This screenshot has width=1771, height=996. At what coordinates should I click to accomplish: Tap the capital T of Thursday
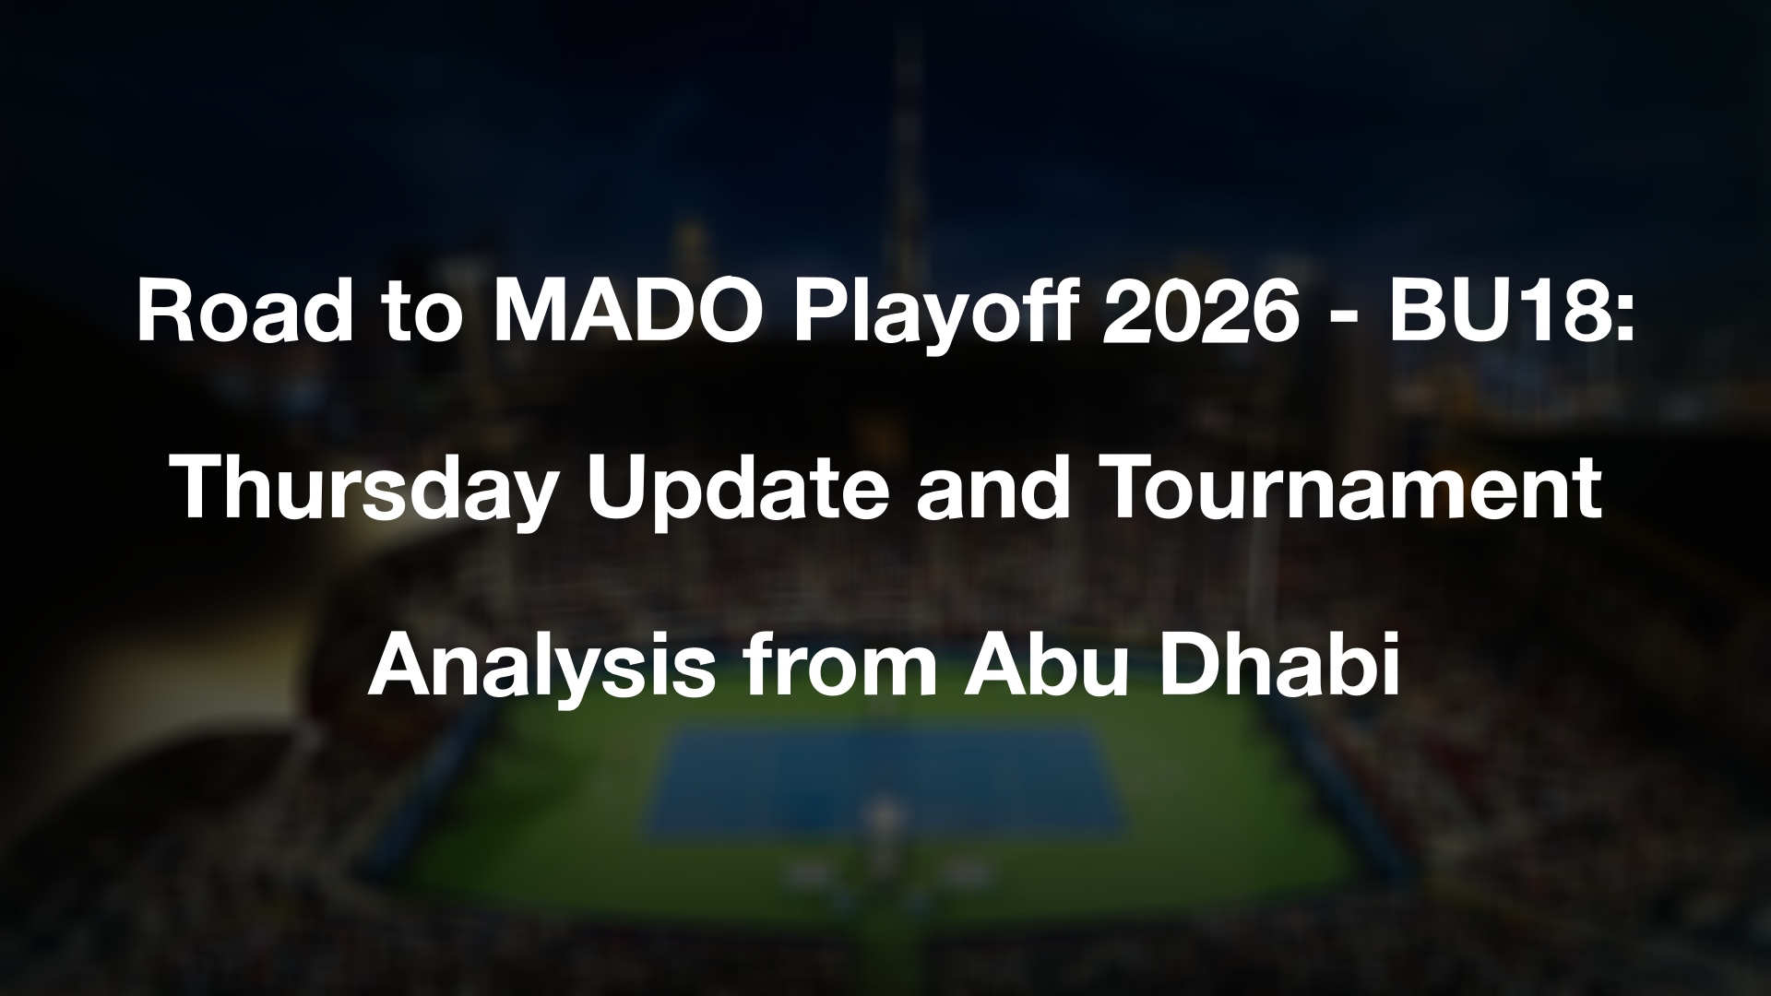coord(200,490)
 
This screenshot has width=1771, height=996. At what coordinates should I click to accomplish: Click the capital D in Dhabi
coord(1186,664)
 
